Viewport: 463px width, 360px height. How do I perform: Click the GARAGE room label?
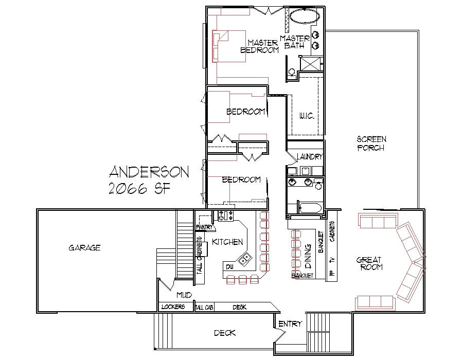tap(84, 248)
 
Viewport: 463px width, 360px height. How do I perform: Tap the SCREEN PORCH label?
tap(371, 143)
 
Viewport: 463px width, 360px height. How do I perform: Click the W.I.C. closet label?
tap(307, 117)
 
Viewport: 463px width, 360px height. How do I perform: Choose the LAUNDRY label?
tap(310, 157)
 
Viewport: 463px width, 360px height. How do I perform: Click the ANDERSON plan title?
tap(149, 172)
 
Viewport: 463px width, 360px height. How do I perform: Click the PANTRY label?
tap(205, 227)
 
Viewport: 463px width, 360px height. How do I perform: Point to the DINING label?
tap(308, 254)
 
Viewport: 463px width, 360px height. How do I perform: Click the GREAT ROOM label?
tap(369, 263)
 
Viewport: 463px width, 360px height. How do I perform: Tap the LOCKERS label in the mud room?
tap(173, 307)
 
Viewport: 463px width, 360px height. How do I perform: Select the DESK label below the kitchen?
tap(239, 307)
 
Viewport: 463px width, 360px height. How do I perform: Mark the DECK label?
tap(225, 333)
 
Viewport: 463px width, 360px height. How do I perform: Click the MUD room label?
tap(184, 295)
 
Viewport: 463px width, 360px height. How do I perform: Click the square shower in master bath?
tap(311, 64)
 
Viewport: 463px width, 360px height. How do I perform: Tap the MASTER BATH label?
tap(295, 42)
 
